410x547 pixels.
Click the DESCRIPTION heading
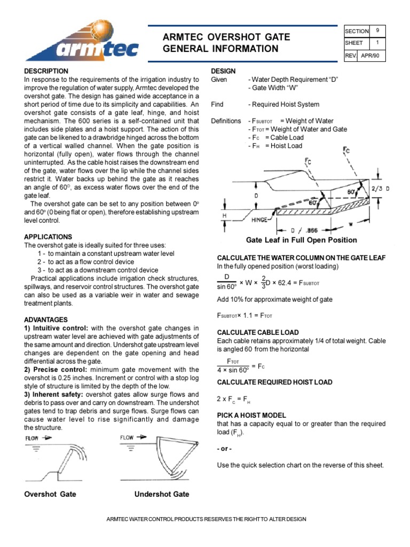point(46,71)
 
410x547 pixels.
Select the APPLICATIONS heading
point(48,237)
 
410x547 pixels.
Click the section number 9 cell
point(378,31)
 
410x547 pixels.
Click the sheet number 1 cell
point(378,43)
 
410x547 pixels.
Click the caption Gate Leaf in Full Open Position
point(301,240)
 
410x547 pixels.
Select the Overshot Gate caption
point(50,494)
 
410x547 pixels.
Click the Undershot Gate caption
point(162,494)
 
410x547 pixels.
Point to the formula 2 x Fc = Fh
point(233,399)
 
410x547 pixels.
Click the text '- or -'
point(224,448)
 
